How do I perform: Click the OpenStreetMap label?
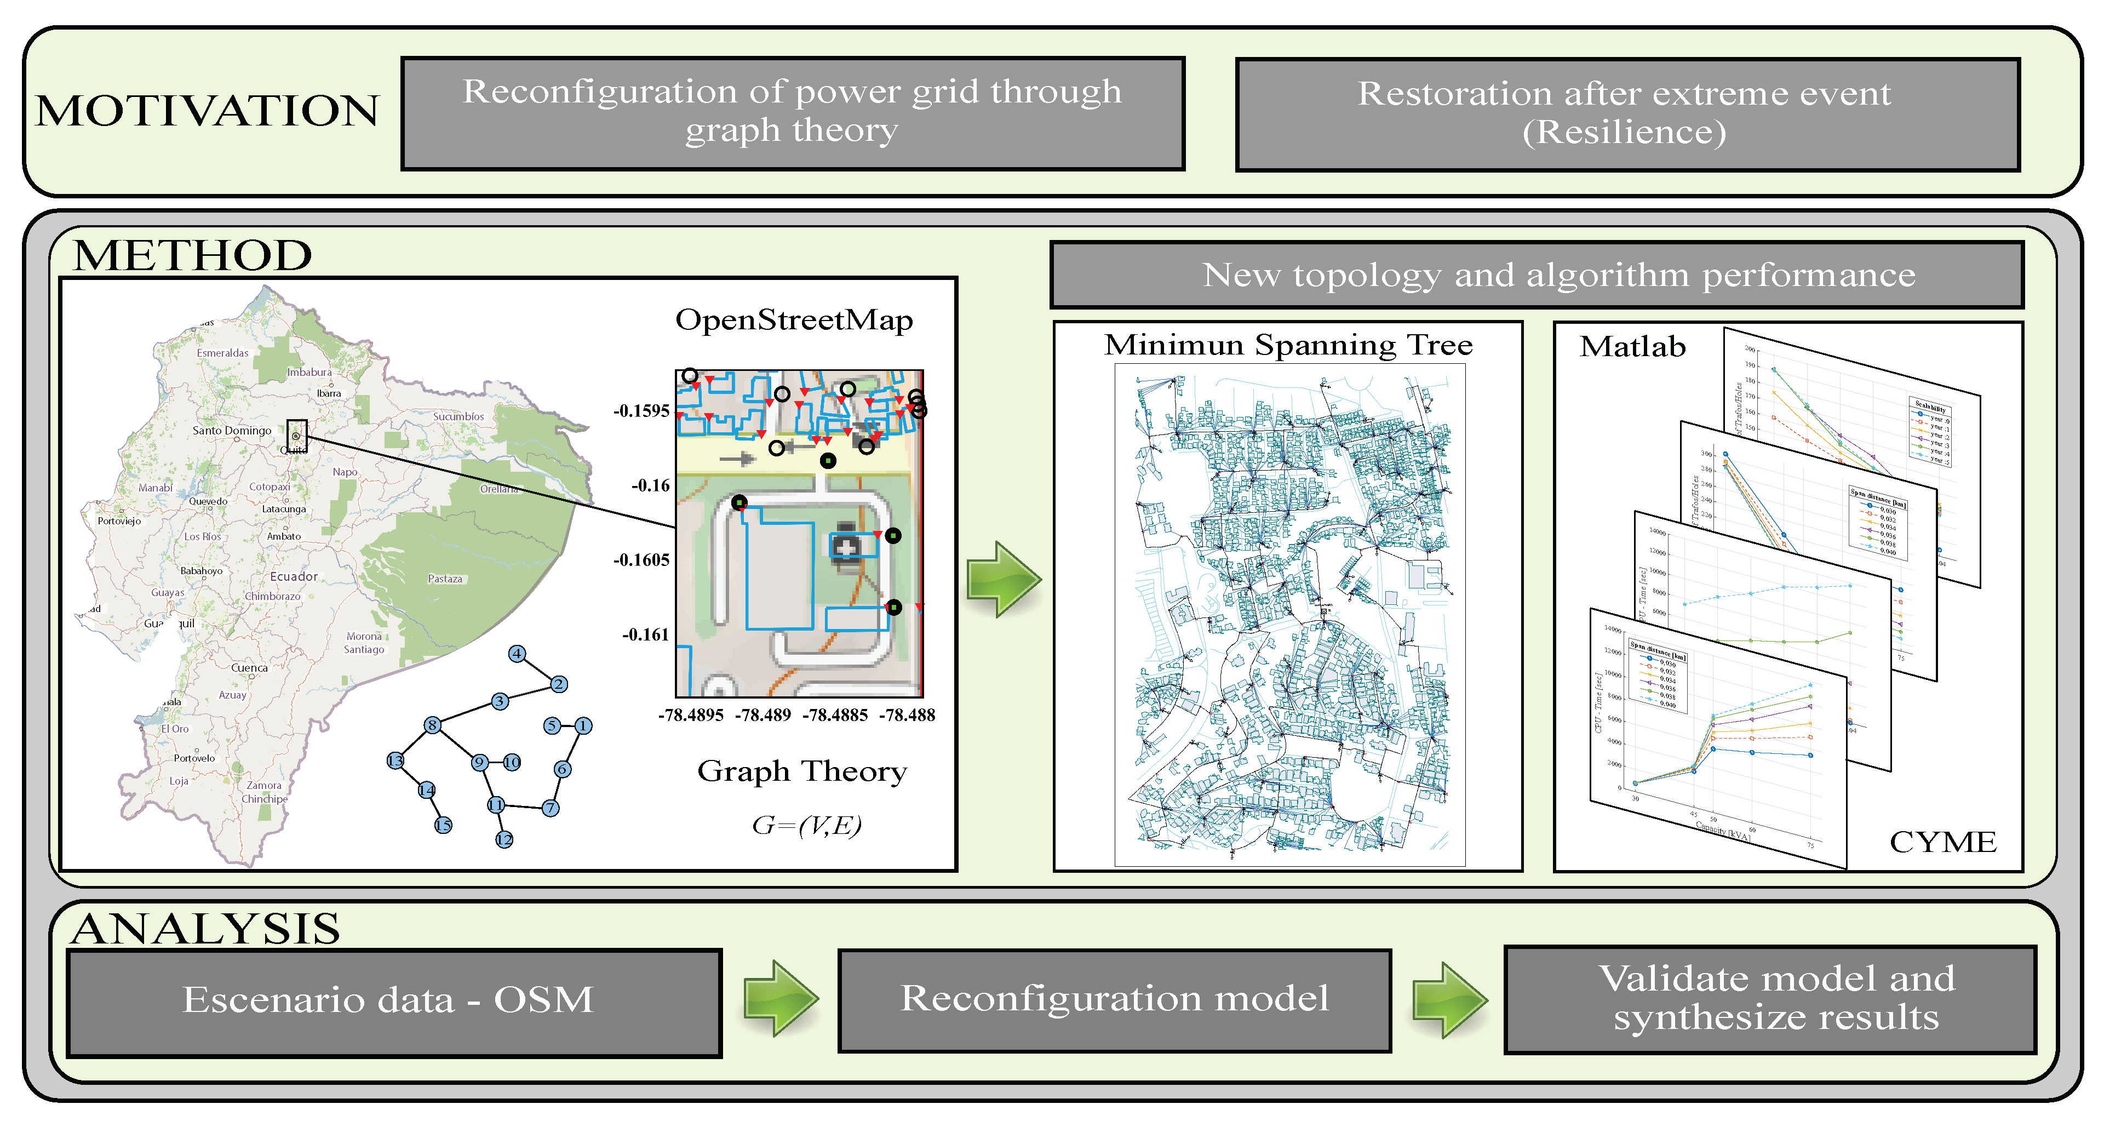(x=794, y=319)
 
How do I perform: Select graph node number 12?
(x=504, y=839)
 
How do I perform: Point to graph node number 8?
(x=432, y=725)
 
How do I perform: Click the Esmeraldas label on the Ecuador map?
(x=222, y=353)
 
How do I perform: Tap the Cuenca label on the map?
(x=249, y=667)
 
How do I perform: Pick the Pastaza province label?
(x=445, y=579)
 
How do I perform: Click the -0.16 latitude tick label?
(x=650, y=485)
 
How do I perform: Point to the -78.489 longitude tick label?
(x=763, y=715)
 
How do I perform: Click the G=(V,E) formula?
(x=806, y=825)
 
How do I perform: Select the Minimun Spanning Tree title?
(x=1288, y=345)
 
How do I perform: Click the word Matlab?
(x=1632, y=346)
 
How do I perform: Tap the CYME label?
(x=1942, y=842)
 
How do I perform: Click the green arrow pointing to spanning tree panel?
(x=1003, y=579)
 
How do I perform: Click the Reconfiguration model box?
(x=1114, y=999)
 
